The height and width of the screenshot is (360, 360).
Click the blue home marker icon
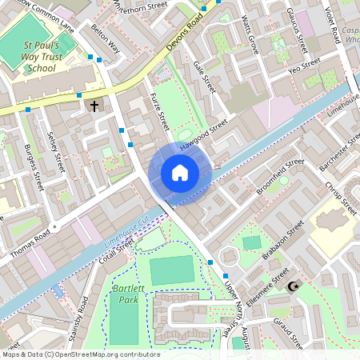tap(180, 173)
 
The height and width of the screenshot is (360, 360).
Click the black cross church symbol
tap(94, 106)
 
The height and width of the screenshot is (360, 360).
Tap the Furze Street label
tap(159, 110)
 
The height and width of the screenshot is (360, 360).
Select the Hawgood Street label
tap(203, 136)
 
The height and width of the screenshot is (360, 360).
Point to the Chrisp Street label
tap(339, 198)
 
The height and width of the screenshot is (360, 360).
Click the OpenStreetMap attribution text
tap(80, 354)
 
